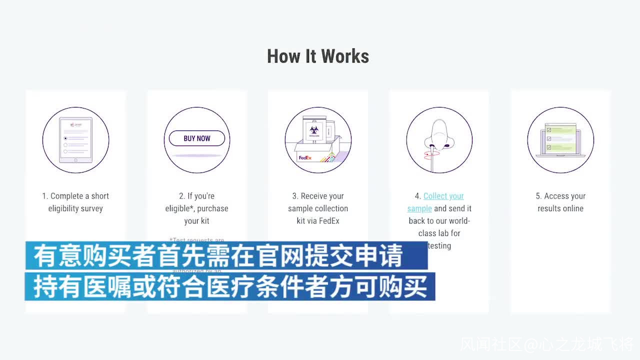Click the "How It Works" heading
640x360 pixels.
tap(318, 56)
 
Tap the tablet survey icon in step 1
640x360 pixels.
tap(75, 140)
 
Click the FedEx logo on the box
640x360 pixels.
tap(305, 158)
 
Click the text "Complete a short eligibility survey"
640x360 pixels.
tap(75, 202)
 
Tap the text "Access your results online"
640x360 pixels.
tap(560, 202)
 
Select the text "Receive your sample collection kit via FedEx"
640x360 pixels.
tap(318, 208)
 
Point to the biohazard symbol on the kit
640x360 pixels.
tap(313, 129)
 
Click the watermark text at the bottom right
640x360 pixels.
tap(547, 344)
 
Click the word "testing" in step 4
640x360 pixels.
tap(439, 245)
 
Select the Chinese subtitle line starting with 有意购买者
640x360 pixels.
tap(218, 256)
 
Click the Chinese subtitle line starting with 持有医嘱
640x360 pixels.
tap(230, 286)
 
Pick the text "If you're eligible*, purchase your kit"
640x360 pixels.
tap(197, 208)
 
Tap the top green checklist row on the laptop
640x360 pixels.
tap(560, 130)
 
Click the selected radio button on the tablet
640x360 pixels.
tap(65, 138)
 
